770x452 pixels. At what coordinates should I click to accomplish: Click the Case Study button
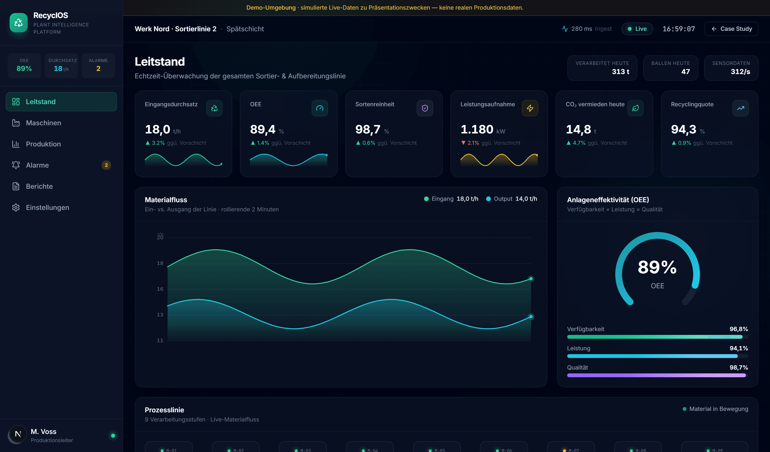point(731,29)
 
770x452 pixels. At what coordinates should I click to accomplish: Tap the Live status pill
point(637,29)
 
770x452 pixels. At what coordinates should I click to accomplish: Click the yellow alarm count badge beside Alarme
point(106,165)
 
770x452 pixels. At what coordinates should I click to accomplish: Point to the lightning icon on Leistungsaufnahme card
point(530,108)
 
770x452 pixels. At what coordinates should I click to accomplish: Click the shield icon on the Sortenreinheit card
point(425,108)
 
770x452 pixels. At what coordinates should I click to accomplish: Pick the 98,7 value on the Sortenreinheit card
point(368,130)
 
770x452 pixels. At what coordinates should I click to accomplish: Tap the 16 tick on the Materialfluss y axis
point(160,289)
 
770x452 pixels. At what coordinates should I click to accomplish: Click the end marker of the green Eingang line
point(531,278)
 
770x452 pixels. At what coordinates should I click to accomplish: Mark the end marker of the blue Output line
point(531,316)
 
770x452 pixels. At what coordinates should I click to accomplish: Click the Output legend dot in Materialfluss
point(488,199)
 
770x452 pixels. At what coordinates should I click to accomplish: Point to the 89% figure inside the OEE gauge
point(657,267)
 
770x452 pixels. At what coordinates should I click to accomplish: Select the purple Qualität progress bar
point(656,375)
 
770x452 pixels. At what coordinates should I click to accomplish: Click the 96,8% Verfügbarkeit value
point(738,329)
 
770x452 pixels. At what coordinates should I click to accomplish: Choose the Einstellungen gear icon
point(16,208)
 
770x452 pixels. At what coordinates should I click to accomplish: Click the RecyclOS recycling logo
point(19,23)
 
